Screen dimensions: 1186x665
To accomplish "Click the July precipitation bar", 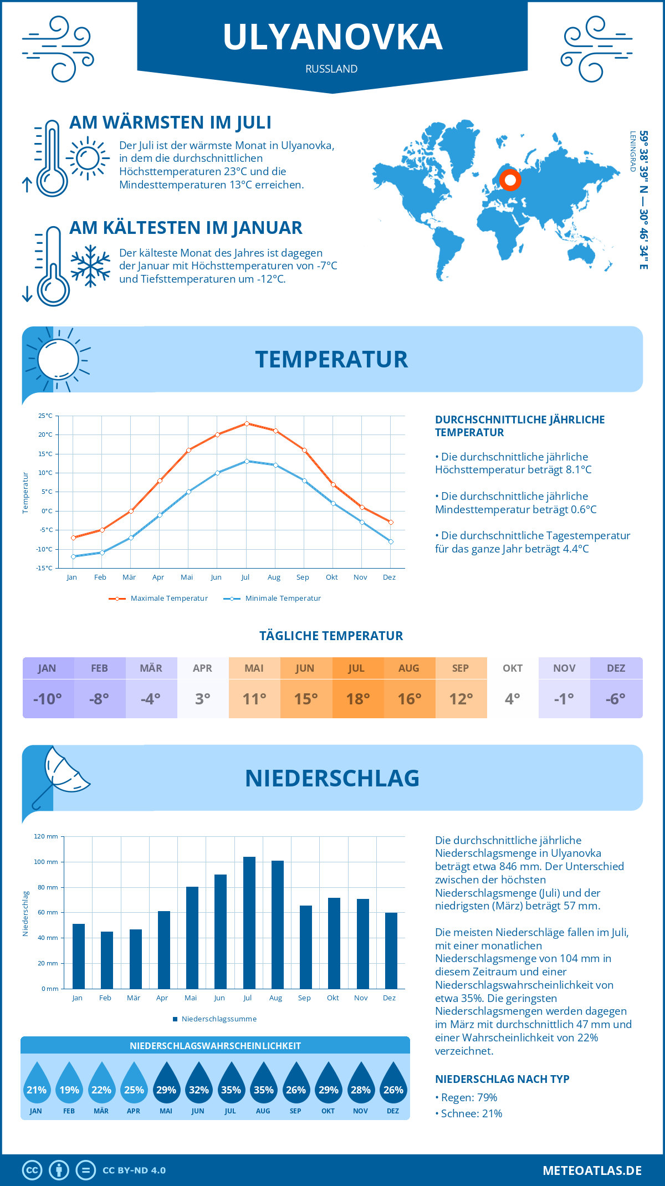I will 249,923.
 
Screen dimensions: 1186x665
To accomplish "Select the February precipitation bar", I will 107,960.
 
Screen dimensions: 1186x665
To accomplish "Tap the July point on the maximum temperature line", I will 247,423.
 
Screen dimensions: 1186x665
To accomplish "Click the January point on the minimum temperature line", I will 73,556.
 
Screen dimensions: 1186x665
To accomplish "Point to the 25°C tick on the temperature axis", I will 45,416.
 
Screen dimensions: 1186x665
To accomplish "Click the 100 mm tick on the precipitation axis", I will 46,862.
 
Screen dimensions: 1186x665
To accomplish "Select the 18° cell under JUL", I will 358,699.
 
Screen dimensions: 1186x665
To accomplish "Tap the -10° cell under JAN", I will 48,699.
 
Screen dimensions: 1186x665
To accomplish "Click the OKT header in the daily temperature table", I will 513,668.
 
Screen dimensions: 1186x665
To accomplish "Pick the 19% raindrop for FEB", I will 69,1083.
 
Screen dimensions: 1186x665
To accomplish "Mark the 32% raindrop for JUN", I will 198,1083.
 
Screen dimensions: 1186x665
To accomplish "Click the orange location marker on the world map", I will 510,180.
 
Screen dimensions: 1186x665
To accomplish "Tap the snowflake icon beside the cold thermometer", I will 90,266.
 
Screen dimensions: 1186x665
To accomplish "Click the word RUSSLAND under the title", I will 331,69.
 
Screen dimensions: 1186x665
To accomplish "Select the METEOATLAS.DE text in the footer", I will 592,1170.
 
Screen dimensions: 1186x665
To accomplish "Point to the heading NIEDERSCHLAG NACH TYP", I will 502,1079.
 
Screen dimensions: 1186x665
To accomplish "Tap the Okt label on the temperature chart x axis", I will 331,577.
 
